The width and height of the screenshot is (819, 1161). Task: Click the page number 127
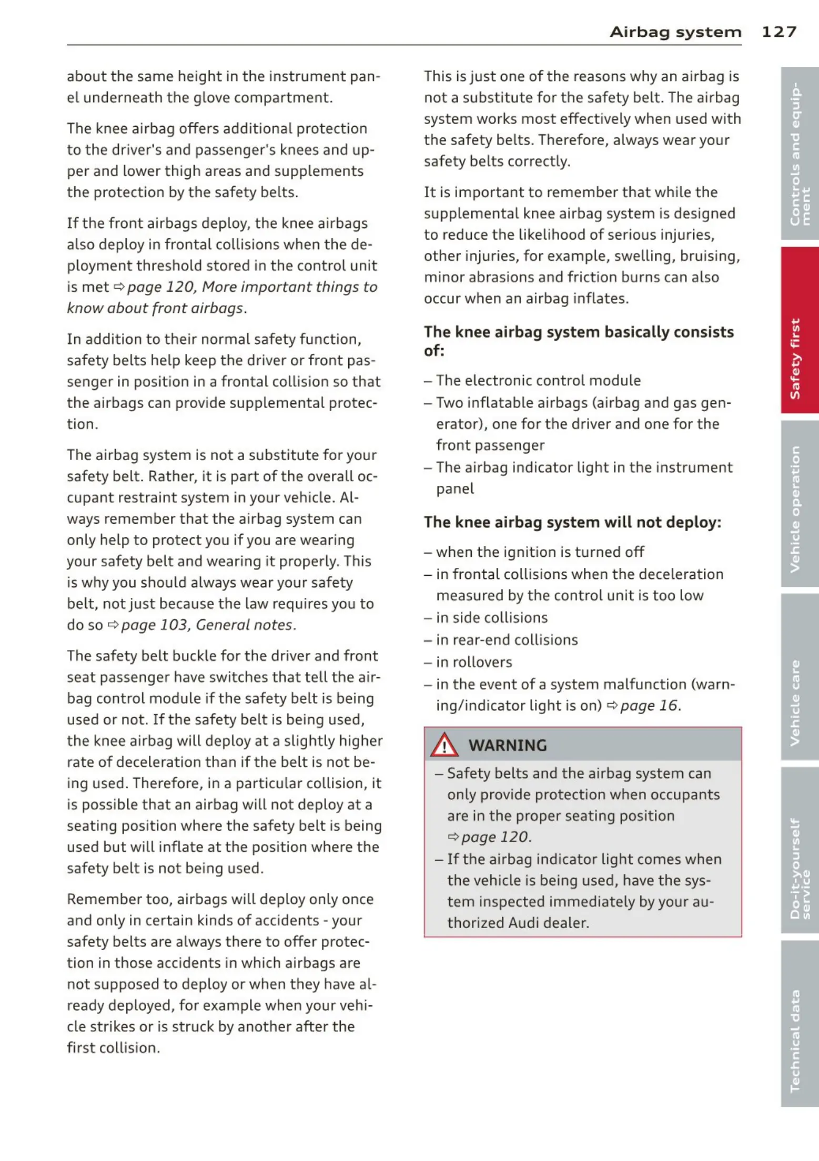coord(778,32)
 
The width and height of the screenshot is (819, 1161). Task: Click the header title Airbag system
coord(675,32)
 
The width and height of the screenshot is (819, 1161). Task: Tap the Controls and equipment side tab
coord(799,153)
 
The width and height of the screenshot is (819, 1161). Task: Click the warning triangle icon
coord(444,745)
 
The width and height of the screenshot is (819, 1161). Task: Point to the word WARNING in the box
coord(507,745)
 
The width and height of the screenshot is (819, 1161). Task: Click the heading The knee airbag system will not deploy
coord(572,522)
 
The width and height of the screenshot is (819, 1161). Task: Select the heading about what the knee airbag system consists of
coord(579,341)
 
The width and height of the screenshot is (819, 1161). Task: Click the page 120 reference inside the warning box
coord(494,837)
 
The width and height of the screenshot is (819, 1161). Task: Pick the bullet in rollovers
coord(473,662)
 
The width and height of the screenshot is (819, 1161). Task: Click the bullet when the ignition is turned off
coord(540,552)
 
